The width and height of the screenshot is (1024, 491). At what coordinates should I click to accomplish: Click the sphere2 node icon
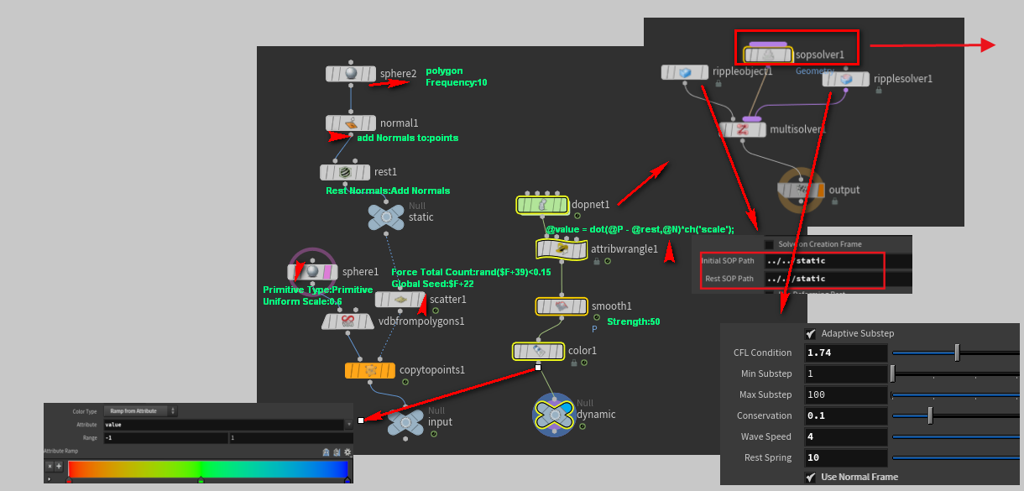click(x=351, y=74)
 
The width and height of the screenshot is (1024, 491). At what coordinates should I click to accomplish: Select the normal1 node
click(x=351, y=123)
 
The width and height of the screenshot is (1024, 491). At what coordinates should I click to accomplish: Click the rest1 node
click(x=345, y=172)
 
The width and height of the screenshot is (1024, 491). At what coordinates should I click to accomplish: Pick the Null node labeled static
click(x=385, y=217)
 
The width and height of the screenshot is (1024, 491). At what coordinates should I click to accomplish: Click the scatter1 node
click(x=400, y=300)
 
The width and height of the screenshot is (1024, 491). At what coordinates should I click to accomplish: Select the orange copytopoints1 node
click(x=369, y=370)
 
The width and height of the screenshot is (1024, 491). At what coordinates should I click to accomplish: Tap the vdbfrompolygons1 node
click(x=347, y=321)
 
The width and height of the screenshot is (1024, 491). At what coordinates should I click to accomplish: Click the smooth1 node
click(x=562, y=306)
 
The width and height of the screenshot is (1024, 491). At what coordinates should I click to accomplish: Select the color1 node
click(x=537, y=351)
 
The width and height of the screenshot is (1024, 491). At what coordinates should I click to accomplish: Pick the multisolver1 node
click(x=743, y=129)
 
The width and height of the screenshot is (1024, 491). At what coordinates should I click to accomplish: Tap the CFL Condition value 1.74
click(x=845, y=353)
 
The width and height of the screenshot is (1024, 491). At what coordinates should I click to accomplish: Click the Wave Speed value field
click(x=845, y=437)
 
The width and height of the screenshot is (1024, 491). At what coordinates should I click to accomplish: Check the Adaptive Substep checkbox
click(x=811, y=333)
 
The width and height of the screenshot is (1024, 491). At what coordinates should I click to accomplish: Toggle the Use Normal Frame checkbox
click(x=811, y=477)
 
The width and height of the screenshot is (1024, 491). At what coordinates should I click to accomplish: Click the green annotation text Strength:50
click(x=635, y=321)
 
